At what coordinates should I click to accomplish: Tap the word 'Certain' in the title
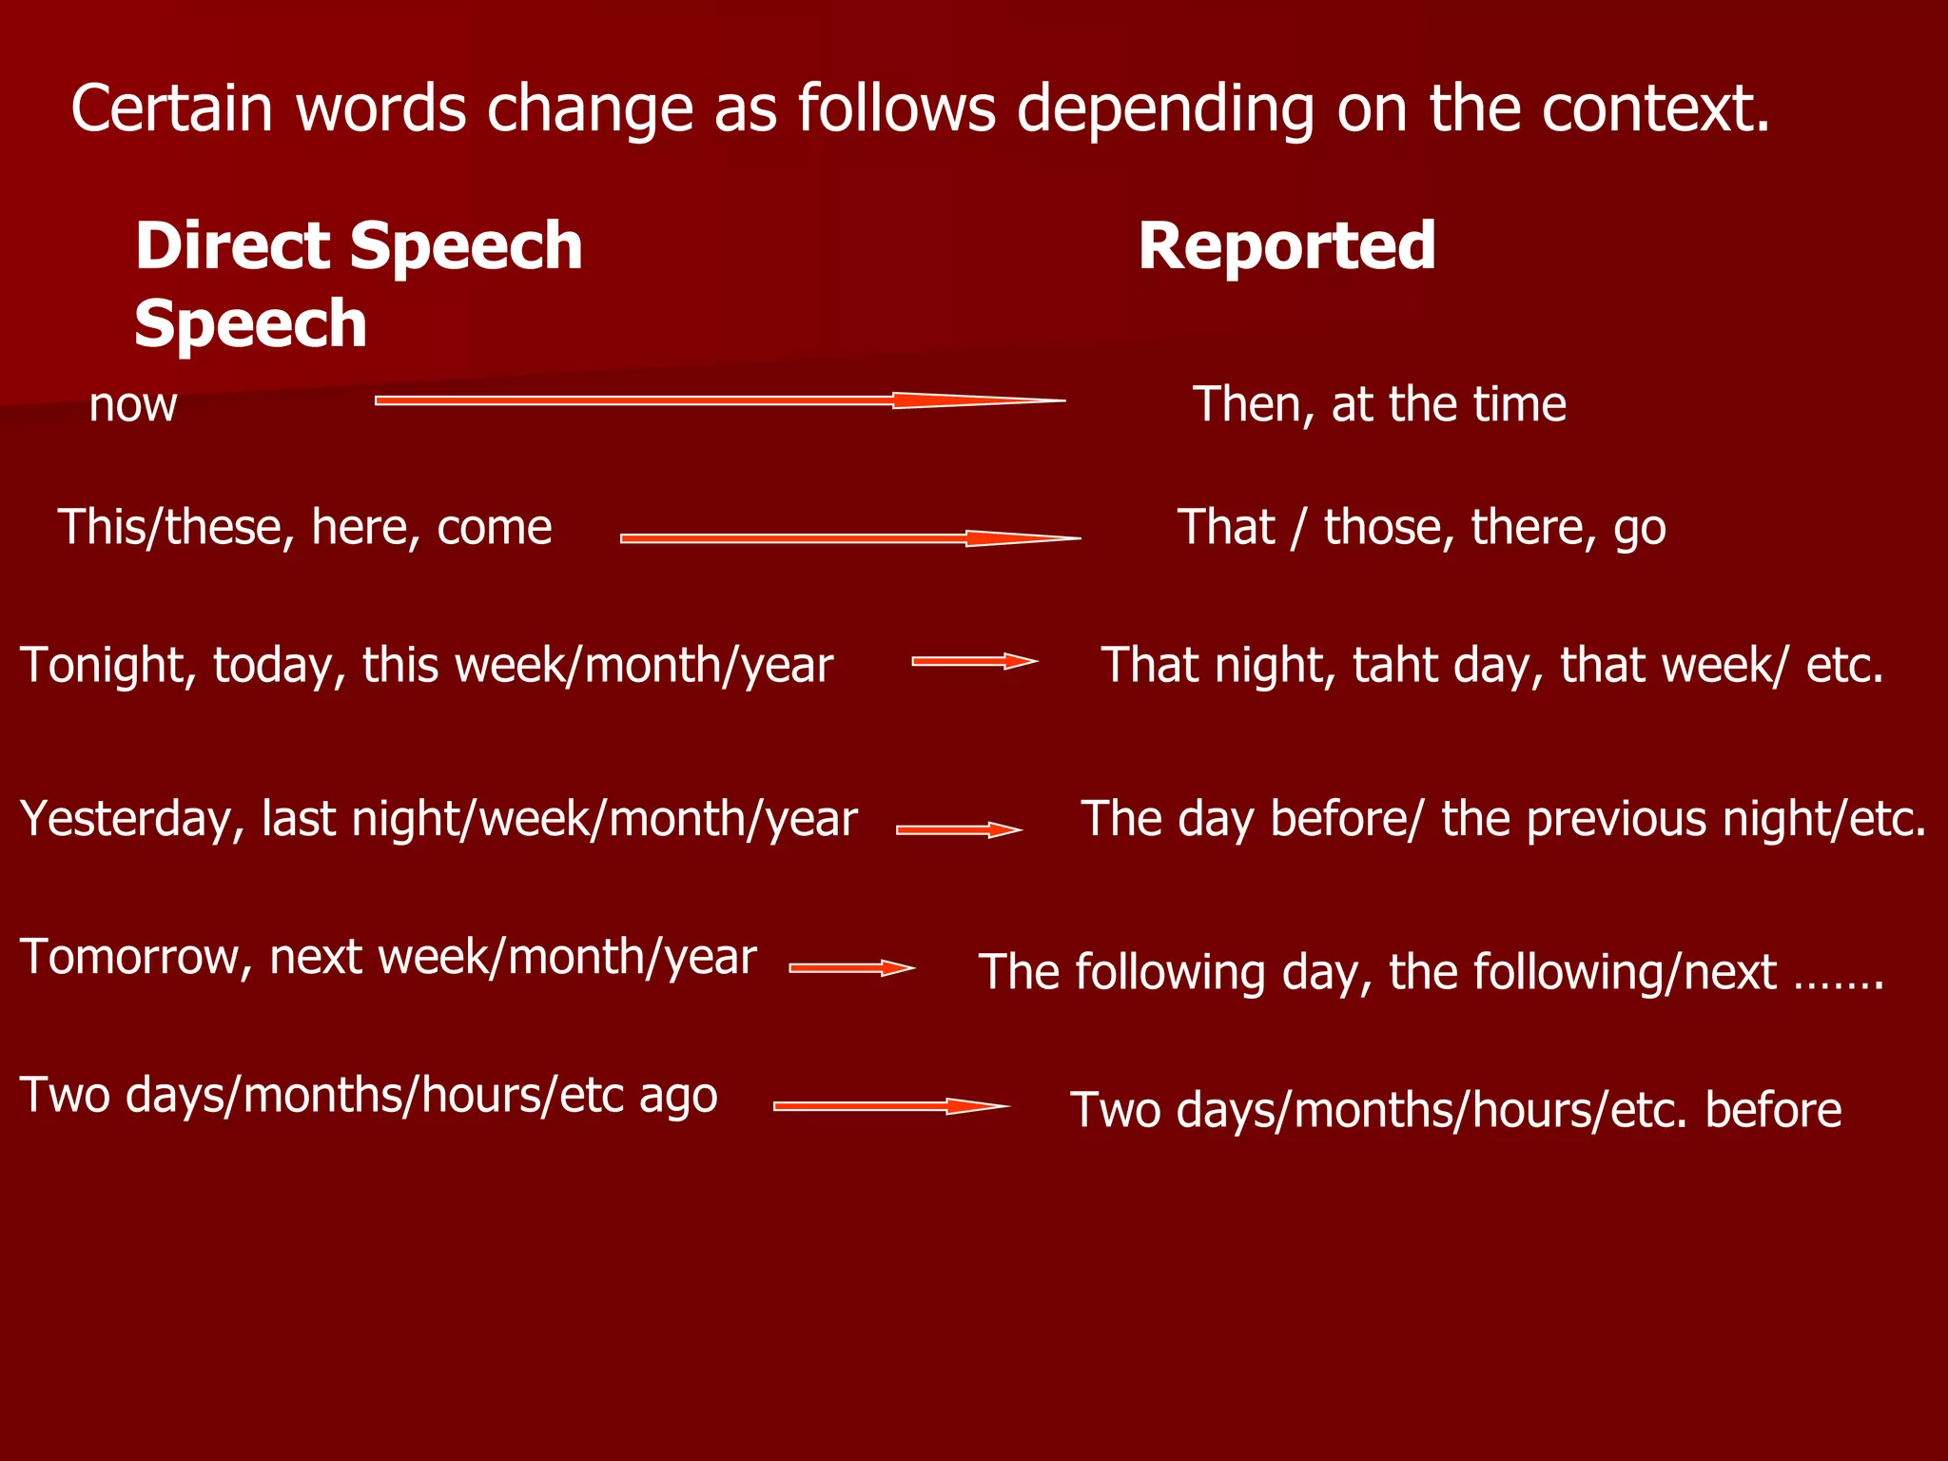click(172, 108)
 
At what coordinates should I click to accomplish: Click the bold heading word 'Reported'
click(1286, 245)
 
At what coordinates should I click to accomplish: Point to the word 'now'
click(133, 405)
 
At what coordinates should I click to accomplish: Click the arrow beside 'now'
click(719, 400)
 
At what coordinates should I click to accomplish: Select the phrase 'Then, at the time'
click(1379, 404)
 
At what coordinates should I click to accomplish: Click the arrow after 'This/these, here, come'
click(849, 538)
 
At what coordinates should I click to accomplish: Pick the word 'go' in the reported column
click(1640, 529)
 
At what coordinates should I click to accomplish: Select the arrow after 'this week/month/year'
click(974, 661)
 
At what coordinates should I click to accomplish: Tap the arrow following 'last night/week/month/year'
click(959, 829)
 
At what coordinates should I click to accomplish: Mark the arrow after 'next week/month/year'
click(851, 968)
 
